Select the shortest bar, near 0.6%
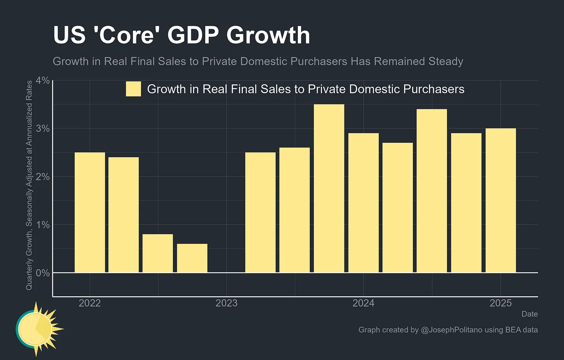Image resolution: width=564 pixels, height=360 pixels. coord(192,258)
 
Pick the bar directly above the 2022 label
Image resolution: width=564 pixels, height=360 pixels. coord(89,213)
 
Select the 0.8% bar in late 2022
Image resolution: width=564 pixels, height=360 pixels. coord(158,253)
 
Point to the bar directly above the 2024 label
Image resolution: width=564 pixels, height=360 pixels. coord(363,203)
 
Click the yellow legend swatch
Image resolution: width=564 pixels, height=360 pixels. coord(133,89)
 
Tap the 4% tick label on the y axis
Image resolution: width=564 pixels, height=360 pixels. coord(43,81)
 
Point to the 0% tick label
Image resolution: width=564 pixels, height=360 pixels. coord(43,273)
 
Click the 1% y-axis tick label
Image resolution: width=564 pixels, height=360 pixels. coord(43,225)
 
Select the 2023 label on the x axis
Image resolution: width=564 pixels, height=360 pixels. coord(226,303)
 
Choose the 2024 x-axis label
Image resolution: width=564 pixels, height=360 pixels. coord(363,303)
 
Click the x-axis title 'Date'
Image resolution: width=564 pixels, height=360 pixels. coord(530,314)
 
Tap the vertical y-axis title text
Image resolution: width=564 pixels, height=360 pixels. coord(29,185)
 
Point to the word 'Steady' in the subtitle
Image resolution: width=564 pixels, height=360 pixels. coord(445,62)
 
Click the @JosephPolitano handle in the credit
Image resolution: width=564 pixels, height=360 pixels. coord(451,330)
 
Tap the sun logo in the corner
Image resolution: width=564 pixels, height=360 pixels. coord(37,329)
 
